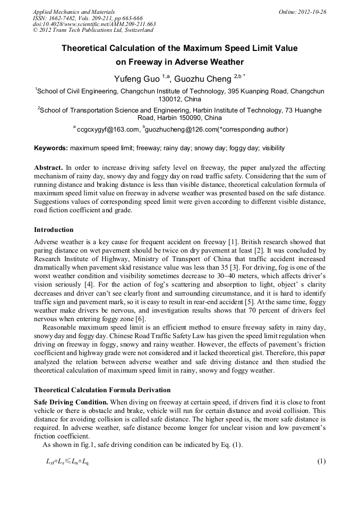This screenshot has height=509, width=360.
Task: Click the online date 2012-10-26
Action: (x=312, y=12)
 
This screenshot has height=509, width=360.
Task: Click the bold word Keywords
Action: (x=51, y=148)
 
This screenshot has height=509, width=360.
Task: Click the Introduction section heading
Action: (x=54, y=230)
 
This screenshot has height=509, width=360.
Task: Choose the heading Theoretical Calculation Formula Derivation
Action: (x=102, y=390)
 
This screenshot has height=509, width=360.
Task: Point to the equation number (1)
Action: (x=321, y=461)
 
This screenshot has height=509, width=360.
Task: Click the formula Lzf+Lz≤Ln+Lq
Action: (x=67, y=461)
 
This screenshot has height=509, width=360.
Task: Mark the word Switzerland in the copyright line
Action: (x=132, y=30)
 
